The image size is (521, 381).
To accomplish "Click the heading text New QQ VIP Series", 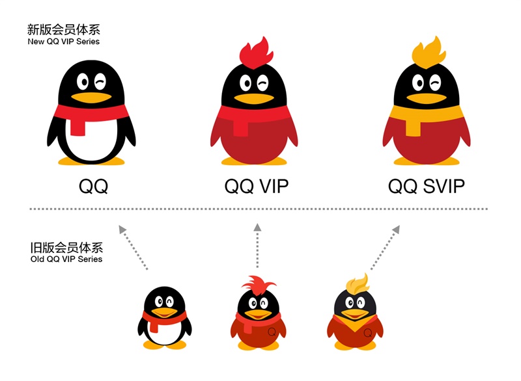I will pyautogui.click(x=63, y=42).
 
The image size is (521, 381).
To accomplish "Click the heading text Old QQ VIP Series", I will pyautogui.click(x=66, y=259).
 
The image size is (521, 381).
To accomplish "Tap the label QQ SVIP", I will pyautogui.click(x=427, y=187).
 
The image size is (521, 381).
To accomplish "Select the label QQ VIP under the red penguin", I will pyautogui.click(x=256, y=187).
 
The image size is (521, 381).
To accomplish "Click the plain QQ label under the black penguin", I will pyautogui.click(x=93, y=187).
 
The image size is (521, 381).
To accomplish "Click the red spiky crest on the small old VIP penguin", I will pyautogui.click(x=258, y=285).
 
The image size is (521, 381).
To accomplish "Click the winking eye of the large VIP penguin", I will pyautogui.click(x=262, y=83).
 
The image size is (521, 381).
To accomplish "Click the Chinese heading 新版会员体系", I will pyautogui.click(x=63, y=30).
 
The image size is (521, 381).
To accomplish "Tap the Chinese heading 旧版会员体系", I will pyautogui.click(x=66, y=248).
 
